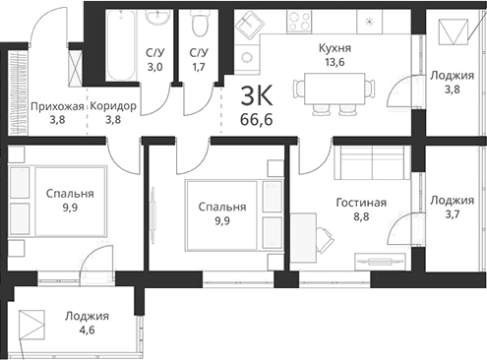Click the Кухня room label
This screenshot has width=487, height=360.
tap(335, 47)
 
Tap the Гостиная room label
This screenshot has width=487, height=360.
tap(360, 203)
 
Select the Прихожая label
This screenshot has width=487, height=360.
tap(55, 106)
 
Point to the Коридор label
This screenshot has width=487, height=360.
tap(112, 106)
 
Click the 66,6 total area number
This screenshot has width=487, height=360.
tap(256, 120)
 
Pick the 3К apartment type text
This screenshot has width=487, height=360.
tap(256, 96)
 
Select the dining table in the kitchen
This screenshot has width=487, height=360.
tap(334, 90)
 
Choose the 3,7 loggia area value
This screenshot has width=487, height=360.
tap(451, 215)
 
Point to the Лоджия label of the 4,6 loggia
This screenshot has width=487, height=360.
tap(88, 317)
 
